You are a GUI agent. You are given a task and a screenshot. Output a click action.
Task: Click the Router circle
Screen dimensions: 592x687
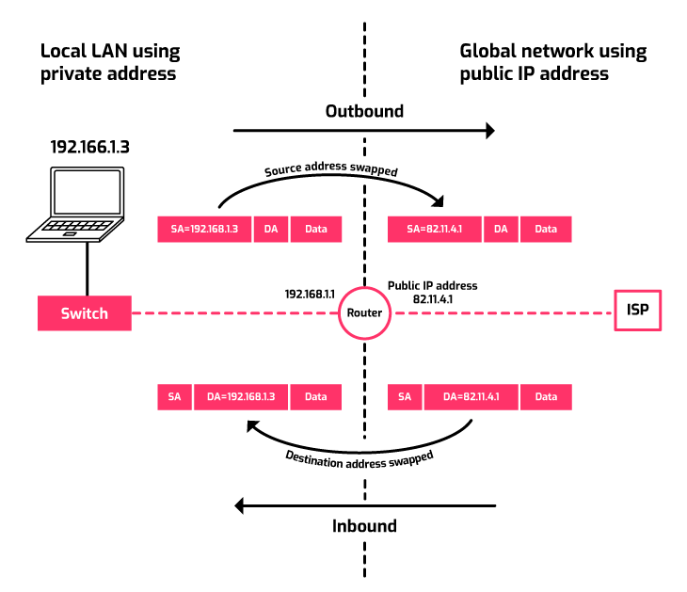[363, 313]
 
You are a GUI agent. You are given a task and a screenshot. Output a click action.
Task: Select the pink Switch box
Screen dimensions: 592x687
[84, 313]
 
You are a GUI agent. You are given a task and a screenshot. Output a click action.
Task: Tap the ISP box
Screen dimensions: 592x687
[637, 310]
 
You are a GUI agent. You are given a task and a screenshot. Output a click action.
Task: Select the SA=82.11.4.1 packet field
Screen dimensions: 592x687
[434, 229]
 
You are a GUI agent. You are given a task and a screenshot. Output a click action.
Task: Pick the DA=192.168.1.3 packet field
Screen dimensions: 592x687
[240, 397]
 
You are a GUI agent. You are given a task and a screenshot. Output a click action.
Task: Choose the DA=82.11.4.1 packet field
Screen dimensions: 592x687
[471, 397]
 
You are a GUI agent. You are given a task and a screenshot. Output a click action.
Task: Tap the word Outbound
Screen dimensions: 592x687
[364, 111]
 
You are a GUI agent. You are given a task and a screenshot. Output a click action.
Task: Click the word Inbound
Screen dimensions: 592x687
[364, 525]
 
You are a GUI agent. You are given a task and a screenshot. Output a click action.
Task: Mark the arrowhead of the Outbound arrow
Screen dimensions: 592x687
[489, 131]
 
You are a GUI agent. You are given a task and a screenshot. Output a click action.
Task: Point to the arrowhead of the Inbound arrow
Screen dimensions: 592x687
[241, 506]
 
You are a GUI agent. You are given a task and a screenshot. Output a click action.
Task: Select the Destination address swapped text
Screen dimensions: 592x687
[359, 458]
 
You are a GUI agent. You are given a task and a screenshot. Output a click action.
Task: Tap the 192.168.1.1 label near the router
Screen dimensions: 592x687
[312, 295]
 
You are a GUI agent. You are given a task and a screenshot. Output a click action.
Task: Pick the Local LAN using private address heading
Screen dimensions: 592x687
[109, 62]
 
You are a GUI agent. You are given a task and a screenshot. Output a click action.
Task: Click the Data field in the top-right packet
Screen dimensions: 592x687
[546, 229]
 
